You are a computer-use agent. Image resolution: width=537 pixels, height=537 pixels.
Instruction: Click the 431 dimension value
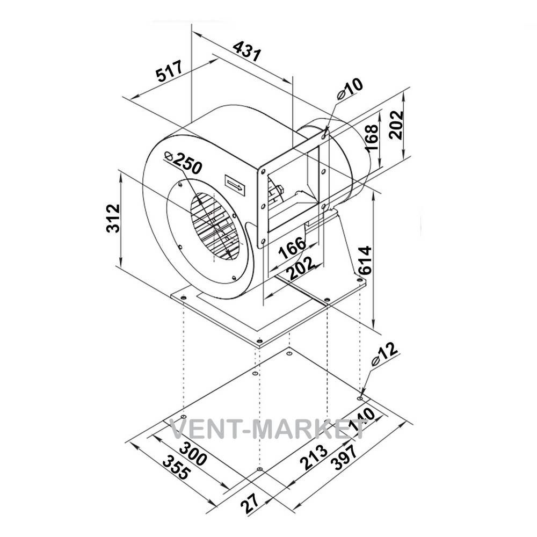[x=247, y=50]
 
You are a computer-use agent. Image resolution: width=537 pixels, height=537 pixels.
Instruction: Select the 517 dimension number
[x=170, y=71]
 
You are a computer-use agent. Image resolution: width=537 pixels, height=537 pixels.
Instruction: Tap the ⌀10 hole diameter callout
[x=350, y=89]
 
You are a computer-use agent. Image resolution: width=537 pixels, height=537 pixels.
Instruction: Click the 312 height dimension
[x=113, y=219]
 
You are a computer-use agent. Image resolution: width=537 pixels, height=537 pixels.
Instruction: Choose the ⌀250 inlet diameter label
[x=184, y=162]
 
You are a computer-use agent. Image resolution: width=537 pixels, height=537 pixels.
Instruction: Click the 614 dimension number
[x=364, y=260]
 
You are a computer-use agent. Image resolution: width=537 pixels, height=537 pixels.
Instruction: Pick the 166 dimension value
[x=292, y=247]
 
